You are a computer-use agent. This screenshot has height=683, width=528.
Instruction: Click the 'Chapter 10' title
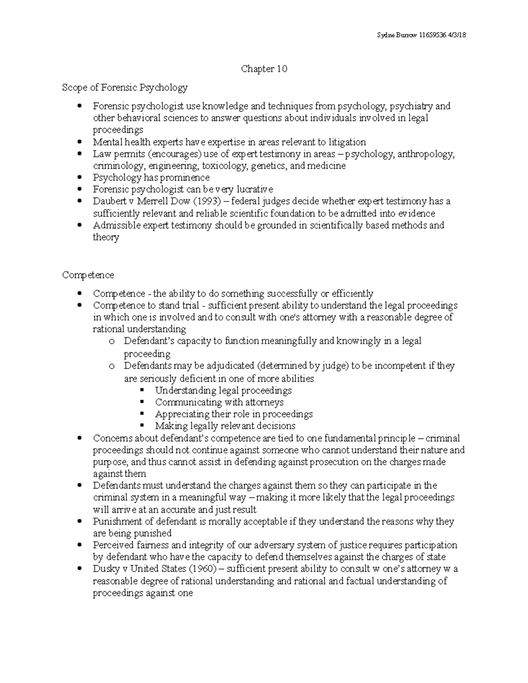(264, 69)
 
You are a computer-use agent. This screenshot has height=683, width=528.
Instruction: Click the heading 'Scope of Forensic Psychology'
(125, 88)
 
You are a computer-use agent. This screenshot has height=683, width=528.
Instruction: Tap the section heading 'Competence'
(88, 275)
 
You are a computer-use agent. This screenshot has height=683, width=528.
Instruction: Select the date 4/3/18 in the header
(456, 35)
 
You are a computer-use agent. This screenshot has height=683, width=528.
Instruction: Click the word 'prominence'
(184, 178)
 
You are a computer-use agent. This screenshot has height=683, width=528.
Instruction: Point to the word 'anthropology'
(425, 154)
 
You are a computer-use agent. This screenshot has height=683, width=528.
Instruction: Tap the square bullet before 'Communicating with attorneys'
(142, 402)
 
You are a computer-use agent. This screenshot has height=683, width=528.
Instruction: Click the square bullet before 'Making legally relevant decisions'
(142, 426)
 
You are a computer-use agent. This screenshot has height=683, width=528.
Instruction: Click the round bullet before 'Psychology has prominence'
(79, 178)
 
